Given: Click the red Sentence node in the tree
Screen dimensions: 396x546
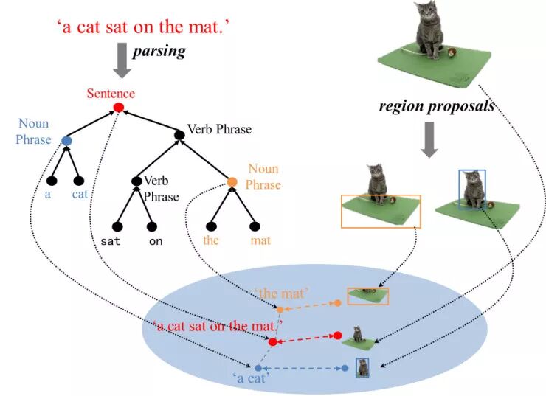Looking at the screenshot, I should [x=118, y=108].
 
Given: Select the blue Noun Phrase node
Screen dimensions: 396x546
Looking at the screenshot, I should [x=67, y=140].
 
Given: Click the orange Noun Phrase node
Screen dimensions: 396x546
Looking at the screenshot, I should [x=232, y=182].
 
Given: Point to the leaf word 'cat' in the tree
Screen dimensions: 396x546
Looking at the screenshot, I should [x=80, y=195].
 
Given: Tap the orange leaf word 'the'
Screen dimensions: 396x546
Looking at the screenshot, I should [x=212, y=240].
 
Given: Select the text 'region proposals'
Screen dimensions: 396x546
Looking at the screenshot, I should [x=436, y=106].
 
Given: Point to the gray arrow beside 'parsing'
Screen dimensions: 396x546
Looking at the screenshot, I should [x=122, y=60].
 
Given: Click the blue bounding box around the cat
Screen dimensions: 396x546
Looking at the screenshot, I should [x=472, y=190].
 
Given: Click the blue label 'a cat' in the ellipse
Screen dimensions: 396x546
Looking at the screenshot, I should [x=250, y=378].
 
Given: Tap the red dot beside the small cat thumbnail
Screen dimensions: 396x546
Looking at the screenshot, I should [x=337, y=336].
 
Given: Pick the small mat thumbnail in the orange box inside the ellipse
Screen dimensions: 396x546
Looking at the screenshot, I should [x=368, y=296].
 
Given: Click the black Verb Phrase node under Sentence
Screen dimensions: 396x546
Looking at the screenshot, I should [x=179, y=135].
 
